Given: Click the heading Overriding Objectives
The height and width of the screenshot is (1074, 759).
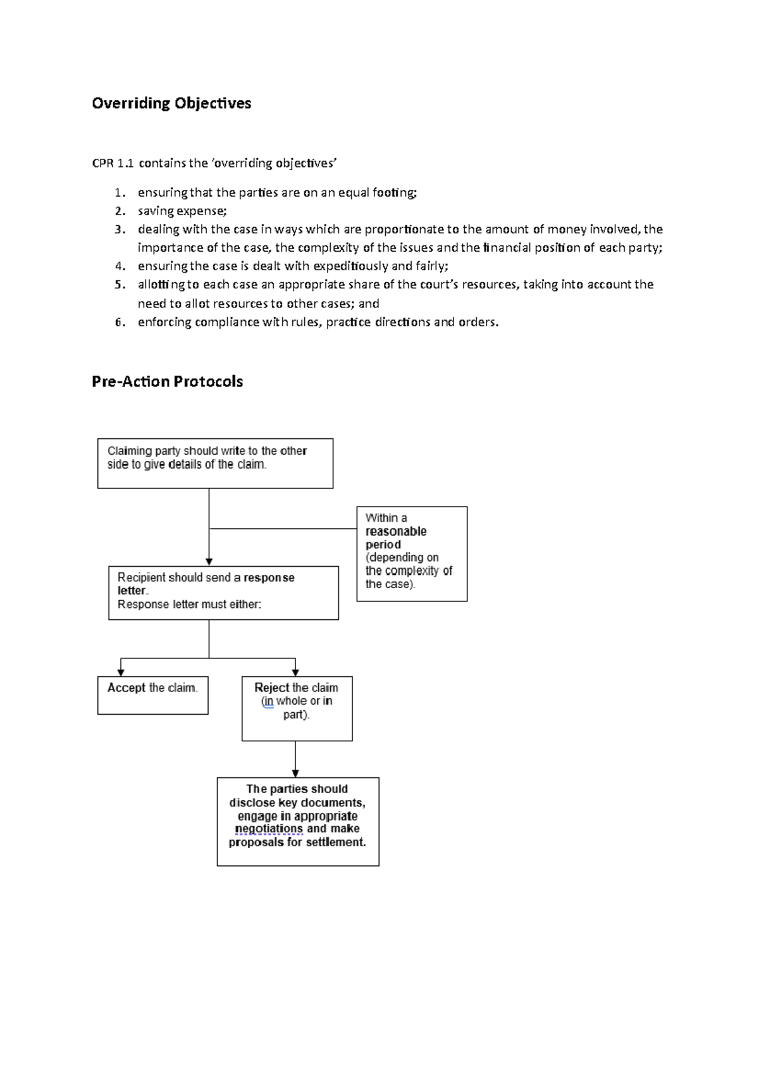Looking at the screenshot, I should click(171, 103).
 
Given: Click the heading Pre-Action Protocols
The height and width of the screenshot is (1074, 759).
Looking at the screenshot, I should click(167, 381).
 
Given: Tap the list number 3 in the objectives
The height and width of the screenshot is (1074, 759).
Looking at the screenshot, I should click(120, 229).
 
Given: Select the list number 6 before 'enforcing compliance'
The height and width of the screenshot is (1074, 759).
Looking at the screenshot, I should click(120, 322).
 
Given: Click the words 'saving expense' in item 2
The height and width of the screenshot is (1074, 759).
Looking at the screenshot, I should click(182, 211).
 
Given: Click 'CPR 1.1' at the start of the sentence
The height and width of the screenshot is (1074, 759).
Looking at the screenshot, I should click(113, 163).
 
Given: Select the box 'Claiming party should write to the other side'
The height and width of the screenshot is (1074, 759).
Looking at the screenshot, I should click(215, 464).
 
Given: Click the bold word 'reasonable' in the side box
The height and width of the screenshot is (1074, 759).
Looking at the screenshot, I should click(396, 531).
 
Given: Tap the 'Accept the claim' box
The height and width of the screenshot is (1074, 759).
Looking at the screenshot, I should click(152, 695).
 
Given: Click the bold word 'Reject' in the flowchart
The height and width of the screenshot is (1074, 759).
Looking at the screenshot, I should click(271, 688).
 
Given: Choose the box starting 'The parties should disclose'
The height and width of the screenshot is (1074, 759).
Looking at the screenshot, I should click(297, 821).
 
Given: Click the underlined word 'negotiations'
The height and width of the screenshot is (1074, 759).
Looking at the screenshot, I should click(269, 829).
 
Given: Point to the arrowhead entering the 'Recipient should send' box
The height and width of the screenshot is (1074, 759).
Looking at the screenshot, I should click(209, 562).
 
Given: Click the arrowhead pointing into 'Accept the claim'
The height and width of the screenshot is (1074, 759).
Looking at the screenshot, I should click(121, 672).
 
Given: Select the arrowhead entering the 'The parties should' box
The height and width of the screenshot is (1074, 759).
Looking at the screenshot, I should click(295, 774).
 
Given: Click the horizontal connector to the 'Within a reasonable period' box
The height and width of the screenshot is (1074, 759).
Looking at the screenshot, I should click(283, 528).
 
